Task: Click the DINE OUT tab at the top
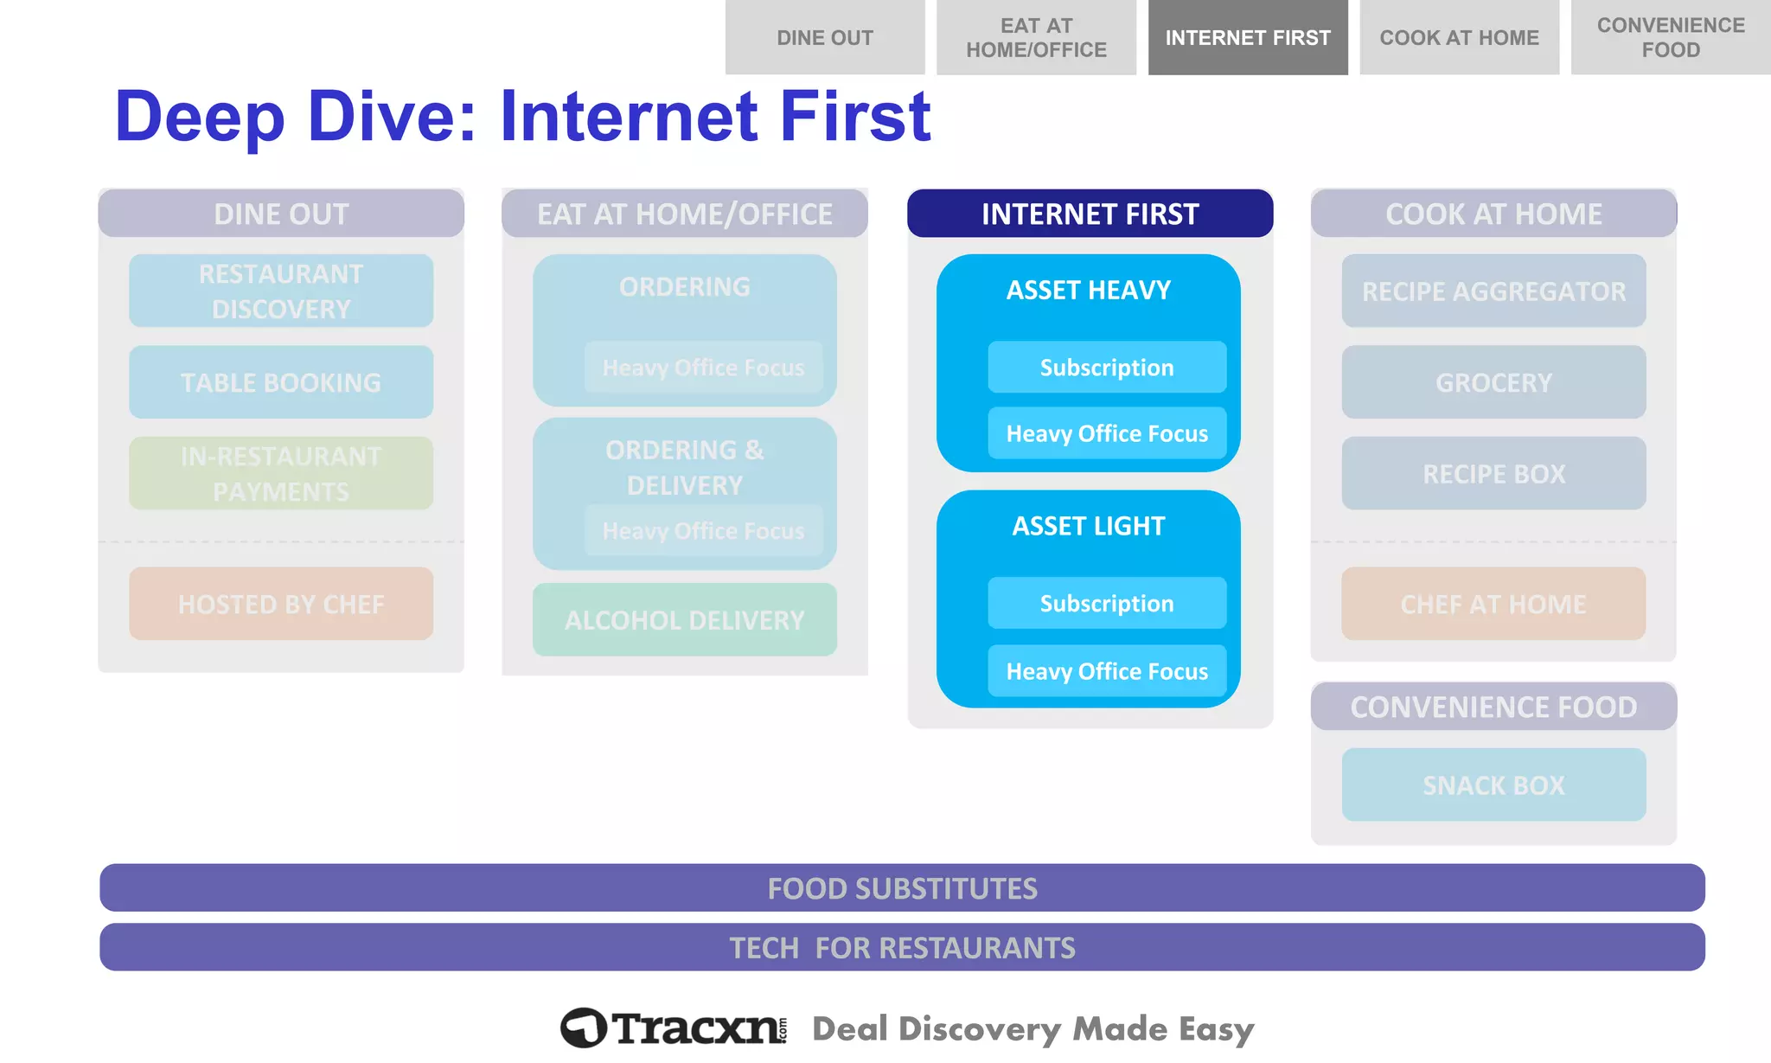click(x=824, y=37)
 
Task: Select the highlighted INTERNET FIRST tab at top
click(x=1247, y=37)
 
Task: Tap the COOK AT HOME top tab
click(x=1459, y=37)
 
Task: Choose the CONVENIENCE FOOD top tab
click(x=1670, y=37)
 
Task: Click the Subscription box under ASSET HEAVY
click(x=1106, y=367)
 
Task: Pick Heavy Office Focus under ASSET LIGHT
click(x=1106, y=670)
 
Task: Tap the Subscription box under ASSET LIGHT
click(x=1106, y=603)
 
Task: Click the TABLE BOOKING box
click(x=281, y=382)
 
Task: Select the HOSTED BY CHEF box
click(x=281, y=604)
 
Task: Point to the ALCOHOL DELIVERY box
click(x=684, y=619)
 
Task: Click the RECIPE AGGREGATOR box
click(x=1493, y=291)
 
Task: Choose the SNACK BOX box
click(x=1493, y=784)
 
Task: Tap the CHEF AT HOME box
click(x=1493, y=604)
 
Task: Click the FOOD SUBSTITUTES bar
click(x=902, y=887)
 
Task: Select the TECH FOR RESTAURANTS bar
click(x=902, y=947)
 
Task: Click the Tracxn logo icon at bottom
click(x=584, y=1028)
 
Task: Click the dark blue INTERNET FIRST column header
click(x=1090, y=214)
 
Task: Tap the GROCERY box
click(x=1493, y=382)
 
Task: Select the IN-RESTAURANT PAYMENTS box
click(x=281, y=473)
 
